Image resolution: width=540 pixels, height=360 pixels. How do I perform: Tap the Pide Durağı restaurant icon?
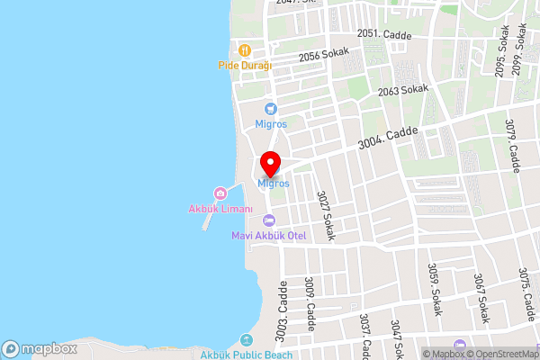click(x=244, y=49)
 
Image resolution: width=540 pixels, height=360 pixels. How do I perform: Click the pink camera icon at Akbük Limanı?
click(x=220, y=193)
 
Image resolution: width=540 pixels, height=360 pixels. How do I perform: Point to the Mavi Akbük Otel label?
click(x=268, y=236)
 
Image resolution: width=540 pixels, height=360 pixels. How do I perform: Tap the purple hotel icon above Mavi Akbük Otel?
click(x=268, y=221)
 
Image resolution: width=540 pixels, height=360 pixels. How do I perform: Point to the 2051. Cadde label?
click(x=383, y=33)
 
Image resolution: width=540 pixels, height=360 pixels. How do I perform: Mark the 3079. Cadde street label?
click(x=514, y=148)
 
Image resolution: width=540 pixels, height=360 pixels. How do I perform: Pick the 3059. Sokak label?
click(x=435, y=289)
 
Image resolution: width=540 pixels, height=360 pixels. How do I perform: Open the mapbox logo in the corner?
click(x=40, y=348)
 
